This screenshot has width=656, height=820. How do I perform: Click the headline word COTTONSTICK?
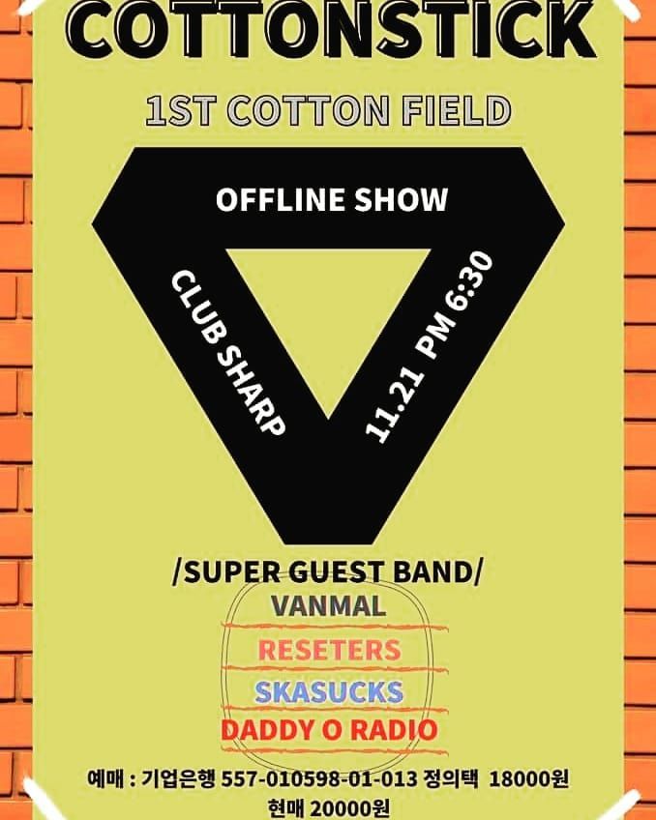(331, 29)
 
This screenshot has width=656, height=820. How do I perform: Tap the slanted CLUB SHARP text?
(228, 353)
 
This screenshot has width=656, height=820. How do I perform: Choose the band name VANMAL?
(329, 606)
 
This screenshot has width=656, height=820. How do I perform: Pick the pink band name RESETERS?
(330, 650)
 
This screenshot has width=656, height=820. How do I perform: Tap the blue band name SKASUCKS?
(329, 691)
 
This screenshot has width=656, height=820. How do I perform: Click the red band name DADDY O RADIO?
(329, 730)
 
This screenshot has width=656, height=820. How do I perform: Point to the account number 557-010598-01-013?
(319, 778)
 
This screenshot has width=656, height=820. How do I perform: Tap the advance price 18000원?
(528, 778)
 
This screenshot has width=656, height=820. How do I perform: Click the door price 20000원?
(349, 808)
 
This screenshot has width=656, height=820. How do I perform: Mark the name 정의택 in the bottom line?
(452, 778)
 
